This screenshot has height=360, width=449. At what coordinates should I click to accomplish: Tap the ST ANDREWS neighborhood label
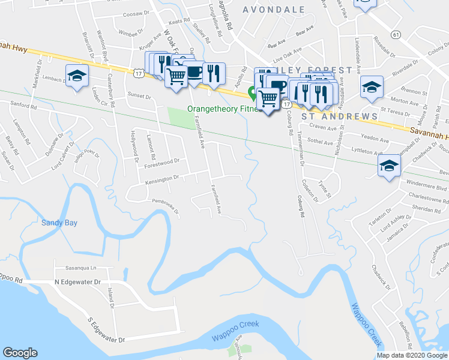click(339, 116)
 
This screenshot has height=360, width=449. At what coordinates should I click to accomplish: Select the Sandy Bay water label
click(59, 223)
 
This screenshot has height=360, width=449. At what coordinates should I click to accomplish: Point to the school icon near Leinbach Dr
click(76, 76)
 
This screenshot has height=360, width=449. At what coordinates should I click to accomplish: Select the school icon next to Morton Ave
click(372, 88)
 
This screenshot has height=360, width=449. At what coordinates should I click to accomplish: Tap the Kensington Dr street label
click(161, 178)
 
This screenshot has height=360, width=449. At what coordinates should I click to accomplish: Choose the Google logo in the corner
click(20, 353)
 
